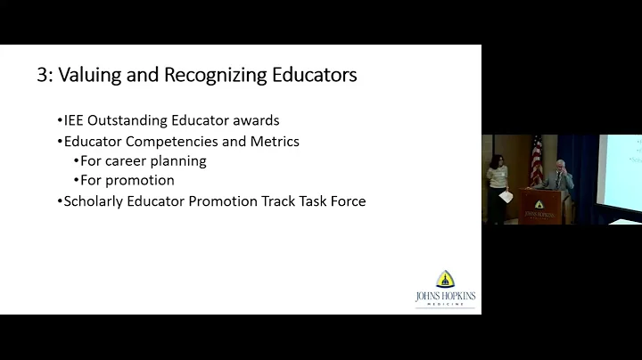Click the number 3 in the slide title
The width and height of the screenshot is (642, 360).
pyautogui.click(x=42, y=75)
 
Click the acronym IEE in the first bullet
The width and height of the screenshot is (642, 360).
pyautogui.click(x=76, y=121)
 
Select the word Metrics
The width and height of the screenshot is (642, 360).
pyautogui.click(x=272, y=141)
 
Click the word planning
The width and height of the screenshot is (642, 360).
pyautogui.click(x=181, y=162)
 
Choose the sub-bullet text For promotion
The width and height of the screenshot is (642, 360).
pyautogui.click(x=128, y=181)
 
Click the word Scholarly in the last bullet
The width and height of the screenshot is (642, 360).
pyautogui.click(x=94, y=201)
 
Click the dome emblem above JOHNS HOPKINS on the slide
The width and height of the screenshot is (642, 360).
pyautogui.click(x=445, y=279)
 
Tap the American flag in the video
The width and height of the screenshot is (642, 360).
pyautogui.click(x=536, y=160)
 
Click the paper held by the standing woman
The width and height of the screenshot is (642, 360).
pyautogui.click(x=505, y=196)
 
